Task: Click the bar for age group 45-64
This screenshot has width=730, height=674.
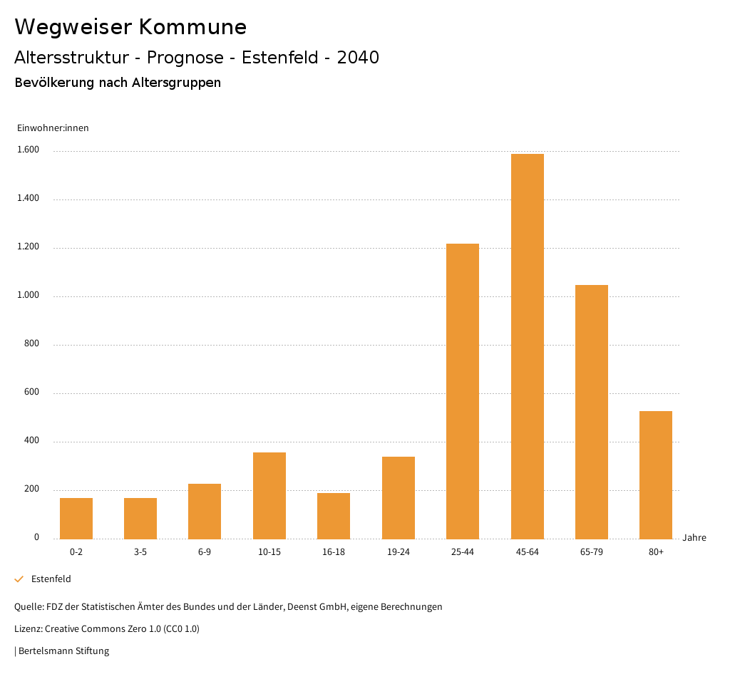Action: click(527, 346)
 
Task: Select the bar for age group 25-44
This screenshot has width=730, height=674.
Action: click(463, 391)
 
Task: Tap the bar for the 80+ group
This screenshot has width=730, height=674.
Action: click(656, 475)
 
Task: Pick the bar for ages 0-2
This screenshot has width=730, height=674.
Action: click(76, 518)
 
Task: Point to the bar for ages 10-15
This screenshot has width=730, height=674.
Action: click(269, 495)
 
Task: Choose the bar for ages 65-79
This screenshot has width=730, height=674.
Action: click(592, 412)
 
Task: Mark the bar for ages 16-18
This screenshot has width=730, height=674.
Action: click(334, 516)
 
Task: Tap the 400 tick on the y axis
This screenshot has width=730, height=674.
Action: click(31, 441)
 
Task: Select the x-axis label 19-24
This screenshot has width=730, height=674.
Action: click(398, 552)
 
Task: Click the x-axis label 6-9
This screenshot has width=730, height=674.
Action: click(205, 552)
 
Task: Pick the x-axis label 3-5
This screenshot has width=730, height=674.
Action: click(140, 552)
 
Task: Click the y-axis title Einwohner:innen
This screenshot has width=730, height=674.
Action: click(53, 128)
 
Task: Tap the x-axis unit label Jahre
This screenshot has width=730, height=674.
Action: click(694, 538)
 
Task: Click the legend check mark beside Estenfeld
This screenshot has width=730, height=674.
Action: click(19, 579)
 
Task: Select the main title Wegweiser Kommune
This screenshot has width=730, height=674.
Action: click(130, 27)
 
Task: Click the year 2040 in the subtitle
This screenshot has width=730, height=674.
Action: click(358, 58)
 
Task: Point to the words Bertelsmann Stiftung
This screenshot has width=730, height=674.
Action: click(63, 650)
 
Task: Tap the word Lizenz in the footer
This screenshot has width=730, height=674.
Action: click(28, 629)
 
